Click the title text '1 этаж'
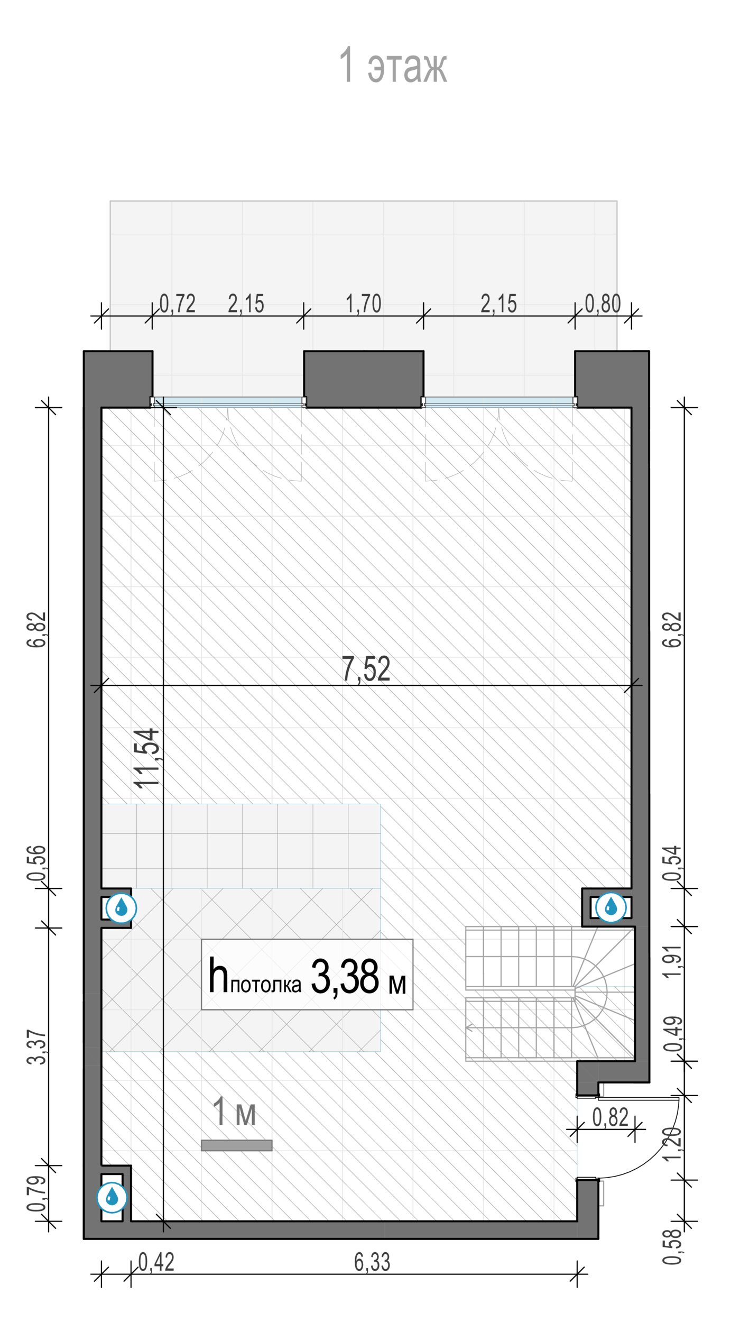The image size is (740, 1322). coord(393,66)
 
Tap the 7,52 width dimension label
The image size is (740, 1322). coord(366,669)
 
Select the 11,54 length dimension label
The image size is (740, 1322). coord(146,758)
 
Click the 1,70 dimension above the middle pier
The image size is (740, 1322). coord(363,304)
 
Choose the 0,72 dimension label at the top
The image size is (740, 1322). coord(178,304)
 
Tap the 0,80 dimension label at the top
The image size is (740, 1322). coord(603,304)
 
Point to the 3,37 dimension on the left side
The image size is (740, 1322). coord(38,1046)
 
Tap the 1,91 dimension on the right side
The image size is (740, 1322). coord(673,961)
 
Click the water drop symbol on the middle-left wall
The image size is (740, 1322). coord(122,908)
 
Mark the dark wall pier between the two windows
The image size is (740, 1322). coord(364,379)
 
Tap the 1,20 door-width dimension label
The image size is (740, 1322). coord(673,1144)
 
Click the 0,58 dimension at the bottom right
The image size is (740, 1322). coord(673,1247)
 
